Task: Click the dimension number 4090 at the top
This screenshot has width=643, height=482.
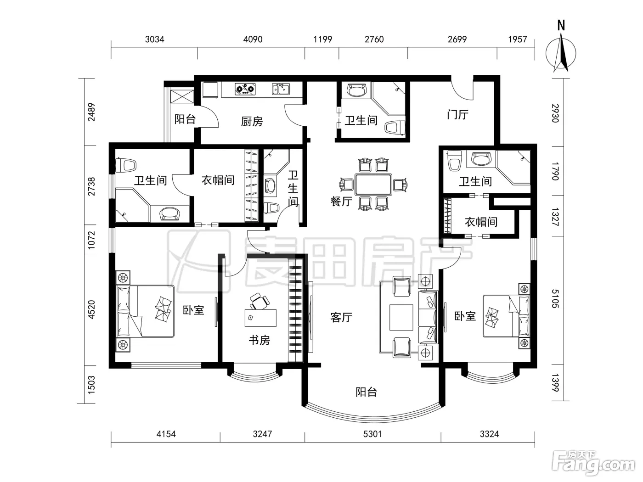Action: [x=253, y=39]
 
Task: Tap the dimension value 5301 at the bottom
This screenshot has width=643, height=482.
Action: [x=372, y=434]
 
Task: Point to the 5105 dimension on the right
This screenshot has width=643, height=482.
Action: [x=555, y=299]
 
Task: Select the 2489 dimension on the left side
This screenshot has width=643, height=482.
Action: [x=91, y=112]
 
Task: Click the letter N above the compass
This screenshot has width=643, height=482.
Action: [x=561, y=25]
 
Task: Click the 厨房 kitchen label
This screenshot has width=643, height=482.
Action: [x=252, y=122]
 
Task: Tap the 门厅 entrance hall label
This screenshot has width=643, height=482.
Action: [x=457, y=114]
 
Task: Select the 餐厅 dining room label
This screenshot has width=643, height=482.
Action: [x=341, y=202]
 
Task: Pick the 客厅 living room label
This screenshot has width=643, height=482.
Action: [x=341, y=317]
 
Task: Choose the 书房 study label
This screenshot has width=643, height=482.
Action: [x=259, y=340]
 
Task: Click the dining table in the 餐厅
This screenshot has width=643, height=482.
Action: [x=373, y=185]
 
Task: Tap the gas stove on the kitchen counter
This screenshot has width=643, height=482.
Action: [x=245, y=89]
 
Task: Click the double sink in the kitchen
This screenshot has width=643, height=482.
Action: [x=281, y=89]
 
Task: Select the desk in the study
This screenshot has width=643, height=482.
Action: [x=260, y=318]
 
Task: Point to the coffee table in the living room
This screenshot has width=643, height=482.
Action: [x=401, y=317]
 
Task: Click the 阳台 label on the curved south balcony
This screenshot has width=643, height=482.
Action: [x=366, y=392]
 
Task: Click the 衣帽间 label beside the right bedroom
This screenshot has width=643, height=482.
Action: [x=481, y=222]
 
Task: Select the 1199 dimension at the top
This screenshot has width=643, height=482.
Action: [x=322, y=39]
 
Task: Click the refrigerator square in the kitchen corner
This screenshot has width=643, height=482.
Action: [x=210, y=90]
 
